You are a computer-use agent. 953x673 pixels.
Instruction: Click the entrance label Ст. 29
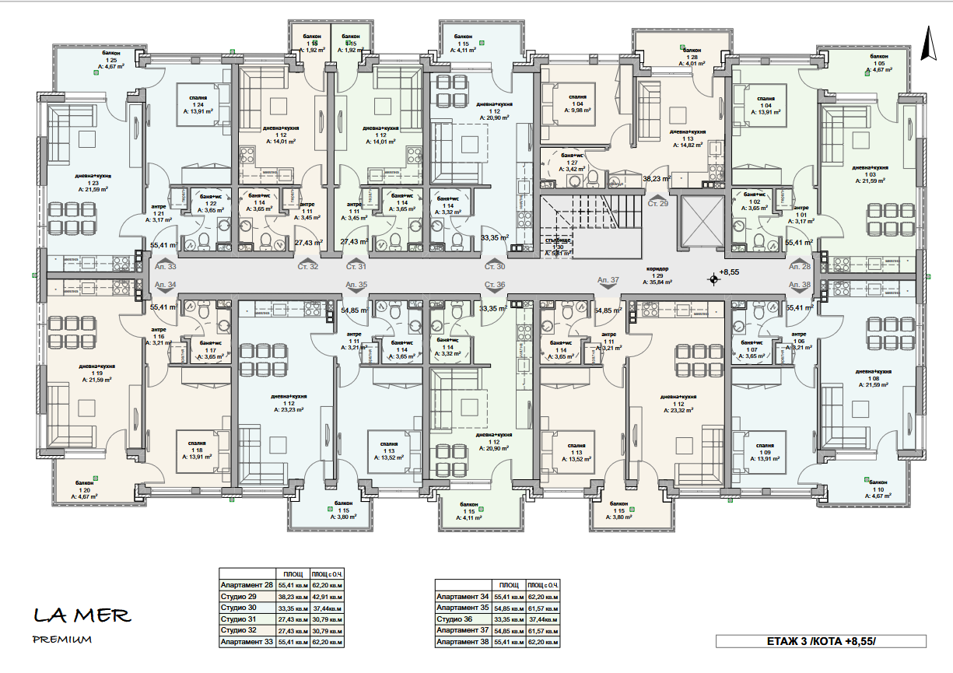click(x=658, y=202)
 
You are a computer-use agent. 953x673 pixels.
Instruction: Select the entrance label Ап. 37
click(x=608, y=279)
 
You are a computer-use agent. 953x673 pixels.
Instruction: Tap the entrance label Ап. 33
click(x=165, y=266)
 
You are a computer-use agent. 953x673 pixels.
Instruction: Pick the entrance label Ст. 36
click(x=495, y=285)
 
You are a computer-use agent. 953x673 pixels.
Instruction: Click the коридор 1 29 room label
click(x=657, y=273)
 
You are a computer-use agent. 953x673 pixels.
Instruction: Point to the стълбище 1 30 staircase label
click(x=559, y=246)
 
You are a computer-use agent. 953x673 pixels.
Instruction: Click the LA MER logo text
click(x=82, y=615)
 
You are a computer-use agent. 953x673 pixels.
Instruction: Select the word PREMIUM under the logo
click(x=62, y=640)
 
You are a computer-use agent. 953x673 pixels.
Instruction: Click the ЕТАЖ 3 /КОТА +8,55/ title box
click(x=821, y=641)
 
